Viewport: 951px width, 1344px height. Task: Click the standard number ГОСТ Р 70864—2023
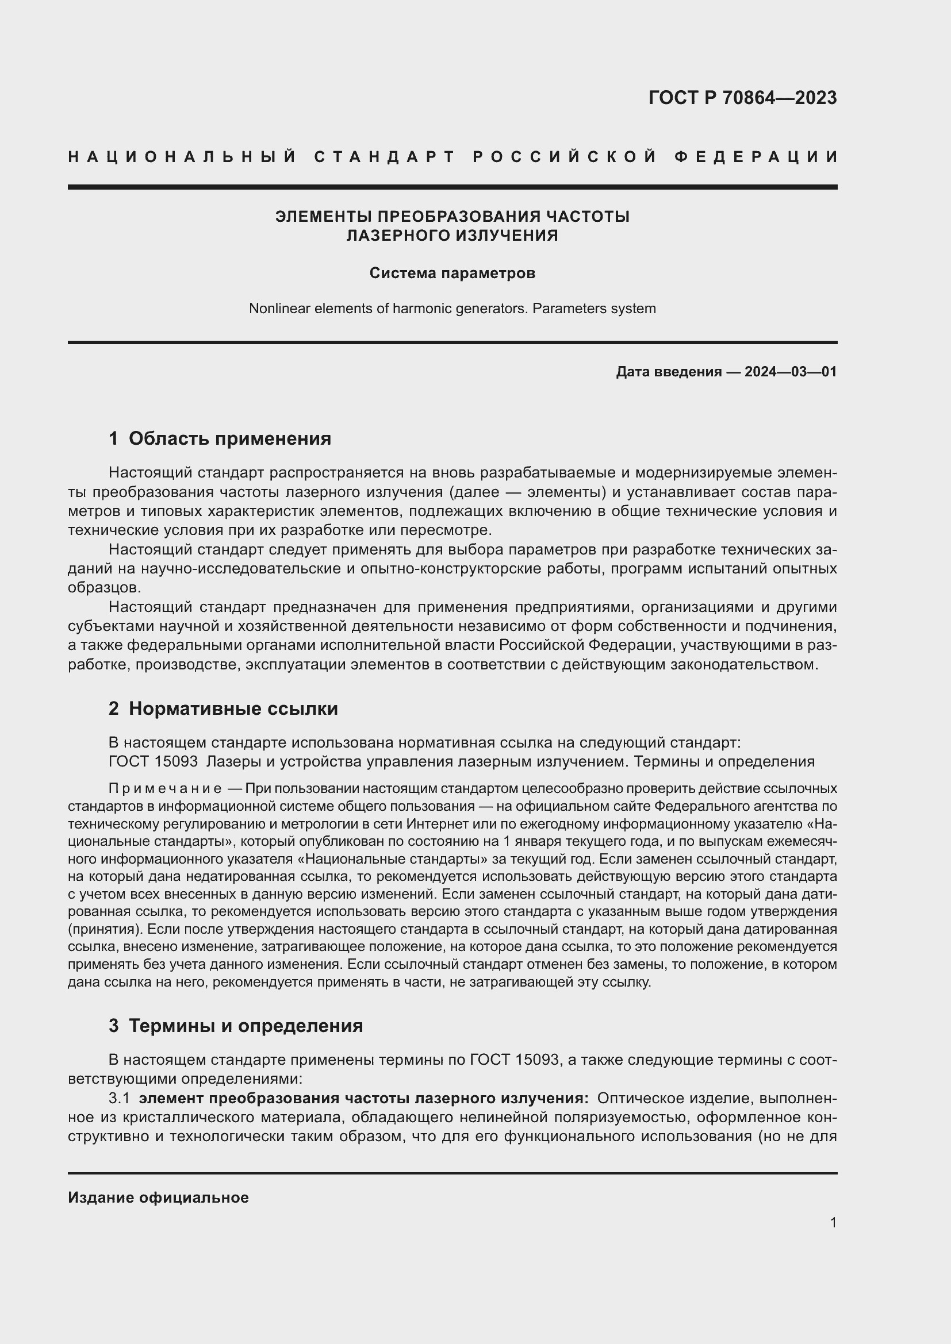coord(742,98)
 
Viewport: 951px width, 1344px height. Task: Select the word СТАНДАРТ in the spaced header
coord(385,157)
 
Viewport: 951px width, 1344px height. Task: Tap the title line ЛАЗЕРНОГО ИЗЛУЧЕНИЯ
coord(452,236)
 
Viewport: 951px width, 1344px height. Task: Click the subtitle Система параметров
coord(452,274)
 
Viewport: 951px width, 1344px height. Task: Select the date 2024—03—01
coord(791,372)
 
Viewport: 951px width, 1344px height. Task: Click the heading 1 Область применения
coord(220,438)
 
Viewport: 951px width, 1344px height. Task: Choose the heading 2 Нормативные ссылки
coord(223,709)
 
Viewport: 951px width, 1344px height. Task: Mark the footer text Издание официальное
coord(158,1197)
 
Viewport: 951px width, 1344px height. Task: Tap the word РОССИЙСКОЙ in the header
coord(565,157)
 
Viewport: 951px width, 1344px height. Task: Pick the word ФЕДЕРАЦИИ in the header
coord(756,157)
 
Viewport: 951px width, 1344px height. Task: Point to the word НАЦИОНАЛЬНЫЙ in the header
coord(182,157)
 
